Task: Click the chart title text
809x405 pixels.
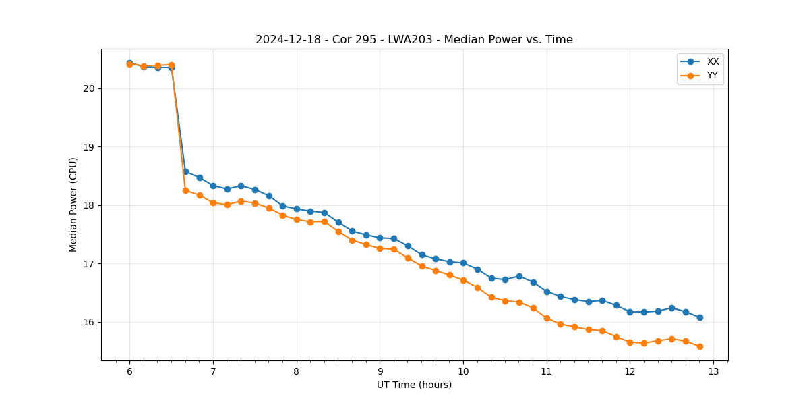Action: point(414,40)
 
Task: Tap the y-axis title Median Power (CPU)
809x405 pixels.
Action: point(73,205)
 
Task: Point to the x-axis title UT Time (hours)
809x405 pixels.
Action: point(414,385)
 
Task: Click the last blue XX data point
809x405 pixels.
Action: point(700,317)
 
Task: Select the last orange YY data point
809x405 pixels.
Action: point(700,346)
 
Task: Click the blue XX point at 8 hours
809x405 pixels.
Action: point(297,209)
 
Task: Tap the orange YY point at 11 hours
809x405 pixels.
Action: point(547,318)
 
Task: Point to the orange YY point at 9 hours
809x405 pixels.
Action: point(380,248)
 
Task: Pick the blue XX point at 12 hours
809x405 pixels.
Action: point(630,312)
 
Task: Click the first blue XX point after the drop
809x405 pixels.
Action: point(185,171)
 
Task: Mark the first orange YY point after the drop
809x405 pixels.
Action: point(185,190)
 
